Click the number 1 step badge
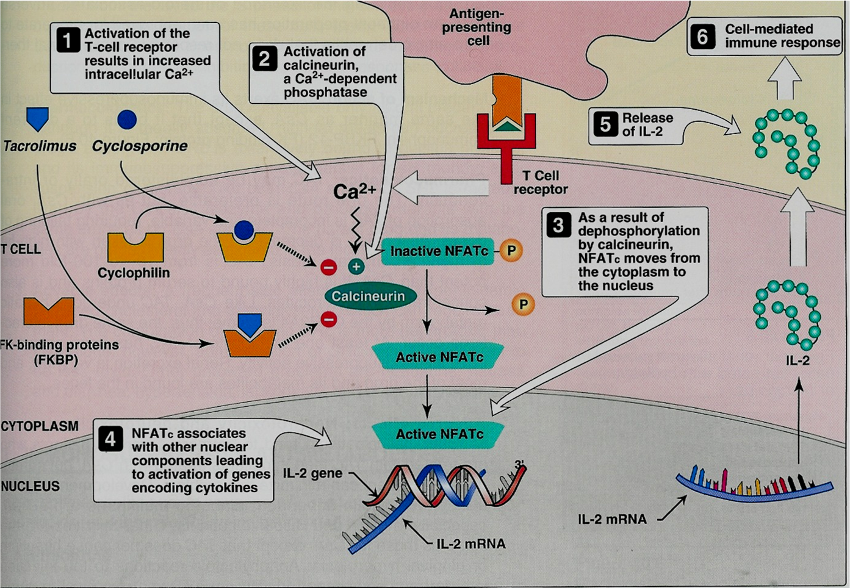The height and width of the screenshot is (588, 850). click(68, 41)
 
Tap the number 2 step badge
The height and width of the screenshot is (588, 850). click(265, 59)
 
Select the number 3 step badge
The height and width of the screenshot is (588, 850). click(558, 225)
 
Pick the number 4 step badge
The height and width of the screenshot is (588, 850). click(110, 439)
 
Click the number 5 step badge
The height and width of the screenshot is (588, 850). click(605, 124)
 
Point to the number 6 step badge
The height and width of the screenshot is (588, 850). click(703, 37)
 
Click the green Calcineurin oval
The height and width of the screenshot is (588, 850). click(369, 296)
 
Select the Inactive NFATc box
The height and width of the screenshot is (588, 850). click(438, 251)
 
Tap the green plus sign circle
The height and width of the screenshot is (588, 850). click(356, 267)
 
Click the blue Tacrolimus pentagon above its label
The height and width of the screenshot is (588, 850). click(38, 118)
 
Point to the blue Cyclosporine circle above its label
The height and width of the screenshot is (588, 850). click(127, 119)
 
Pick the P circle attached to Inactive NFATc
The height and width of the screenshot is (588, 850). click(511, 251)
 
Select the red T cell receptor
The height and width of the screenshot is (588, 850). click(506, 146)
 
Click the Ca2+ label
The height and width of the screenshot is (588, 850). click(355, 192)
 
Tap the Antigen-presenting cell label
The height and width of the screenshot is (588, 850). click(477, 27)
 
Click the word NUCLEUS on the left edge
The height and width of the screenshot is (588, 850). click(31, 486)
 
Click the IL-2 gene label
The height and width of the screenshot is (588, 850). click(312, 473)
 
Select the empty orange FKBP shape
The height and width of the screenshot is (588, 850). click(49, 311)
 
